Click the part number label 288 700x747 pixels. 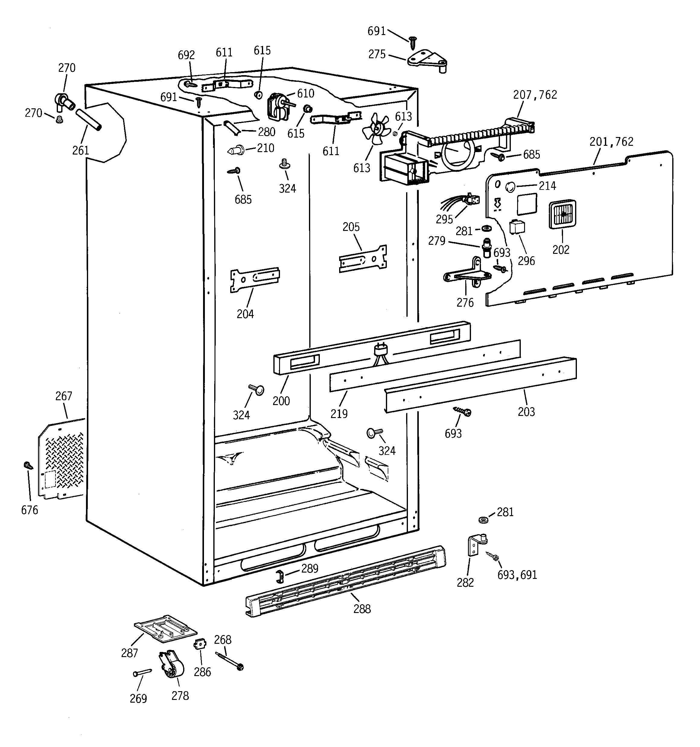click(362, 609)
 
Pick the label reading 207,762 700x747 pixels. click(535, 95)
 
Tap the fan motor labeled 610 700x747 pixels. click(277, 107)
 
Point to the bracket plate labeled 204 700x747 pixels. click(254, 279)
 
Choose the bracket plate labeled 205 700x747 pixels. click(363, 259)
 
